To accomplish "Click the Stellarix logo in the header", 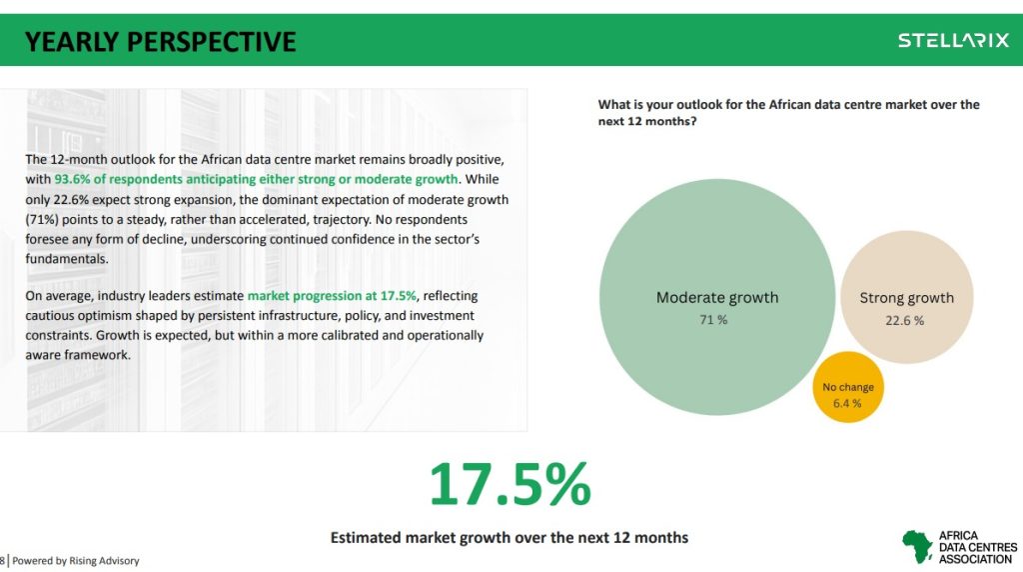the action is [x=953, y=40].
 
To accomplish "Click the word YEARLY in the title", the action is [x=71, y=42].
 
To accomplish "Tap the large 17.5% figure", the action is [x=510, y=485].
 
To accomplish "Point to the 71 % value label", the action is [x=713, y=320].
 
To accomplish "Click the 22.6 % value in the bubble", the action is [x=904, y=321].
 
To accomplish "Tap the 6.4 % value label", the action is [x=847, y=404].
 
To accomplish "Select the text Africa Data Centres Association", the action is [x=977, y=547].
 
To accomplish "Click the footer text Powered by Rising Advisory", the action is [x=76, y=561].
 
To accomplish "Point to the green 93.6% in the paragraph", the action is [x=72, y=179].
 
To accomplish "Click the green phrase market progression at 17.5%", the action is [x=332, y=296].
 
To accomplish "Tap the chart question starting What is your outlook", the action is [x=789, y=112].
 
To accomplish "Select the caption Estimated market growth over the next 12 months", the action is [x=509, y=537].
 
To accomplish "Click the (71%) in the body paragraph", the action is [x=42, y=219].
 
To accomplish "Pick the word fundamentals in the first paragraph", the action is [x=67, y=259].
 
